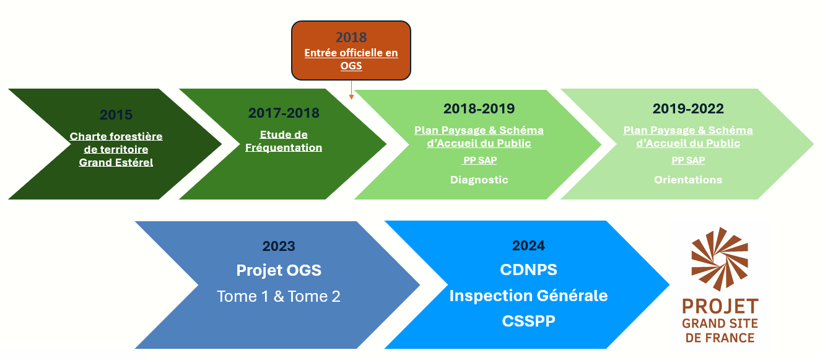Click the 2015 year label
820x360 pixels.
click(116, 115)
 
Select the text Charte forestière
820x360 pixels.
click(116, 136)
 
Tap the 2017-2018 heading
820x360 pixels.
click(284, 113)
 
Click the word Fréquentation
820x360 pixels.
click(284, 147)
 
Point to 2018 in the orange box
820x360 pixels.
click(351, 37)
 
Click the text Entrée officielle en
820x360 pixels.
click(351, 53)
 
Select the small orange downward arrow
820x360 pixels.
click(351, 90)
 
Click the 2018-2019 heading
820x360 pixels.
click(479, 108)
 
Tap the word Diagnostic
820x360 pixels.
click(479, 180)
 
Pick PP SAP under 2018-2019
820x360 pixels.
click(479, 160)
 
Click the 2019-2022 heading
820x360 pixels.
click(688, 108)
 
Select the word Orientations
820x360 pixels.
click(688, 180)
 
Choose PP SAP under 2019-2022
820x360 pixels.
click(688, 160)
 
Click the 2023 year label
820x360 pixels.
click(279, 246)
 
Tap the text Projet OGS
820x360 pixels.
click(279, 270)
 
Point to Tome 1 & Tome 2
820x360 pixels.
click(279, 296)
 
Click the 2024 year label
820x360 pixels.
click(528, 245)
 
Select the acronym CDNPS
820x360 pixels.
click(528, 270)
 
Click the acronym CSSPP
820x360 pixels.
click(528, 321)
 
